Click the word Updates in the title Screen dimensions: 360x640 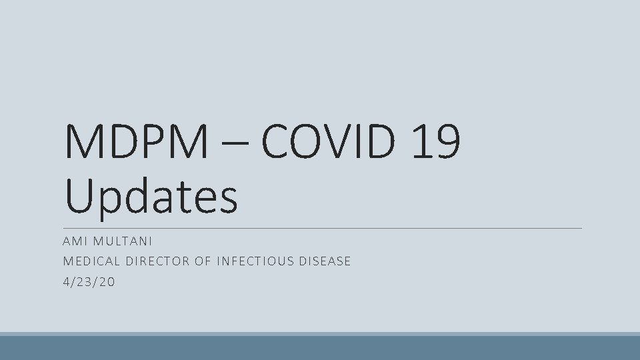tap(152, 197)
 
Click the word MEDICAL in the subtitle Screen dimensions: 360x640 tap(91, 261)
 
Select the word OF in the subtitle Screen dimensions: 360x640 tap(202, 261)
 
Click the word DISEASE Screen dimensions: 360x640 tap(326, 261)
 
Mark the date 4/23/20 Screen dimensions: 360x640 tap(89, 282)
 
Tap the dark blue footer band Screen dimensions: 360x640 tap(320, 348)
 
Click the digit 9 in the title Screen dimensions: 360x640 tap(448, 142)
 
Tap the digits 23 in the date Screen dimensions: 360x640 tap(89, 282)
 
